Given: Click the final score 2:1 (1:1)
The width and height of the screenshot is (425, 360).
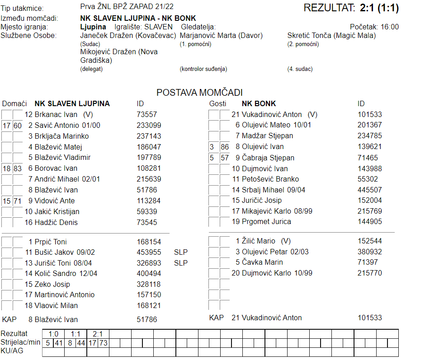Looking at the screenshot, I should pyautogui.click(x=379, y=8).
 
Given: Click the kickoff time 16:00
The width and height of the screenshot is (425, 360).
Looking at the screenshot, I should pyautogui.click(x=390, y=27).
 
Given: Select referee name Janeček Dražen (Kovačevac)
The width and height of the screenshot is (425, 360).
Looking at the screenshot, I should pyautogui.click(x=128, y=35).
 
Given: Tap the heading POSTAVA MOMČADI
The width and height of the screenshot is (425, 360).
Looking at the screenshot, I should pyautogui.click(x=199, y=93).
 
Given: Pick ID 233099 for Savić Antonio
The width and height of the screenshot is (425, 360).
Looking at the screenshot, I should pyautogui.click(x=149, y=125).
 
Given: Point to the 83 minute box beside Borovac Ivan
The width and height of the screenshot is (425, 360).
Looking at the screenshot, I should pyautogui.click(x=18, y=168).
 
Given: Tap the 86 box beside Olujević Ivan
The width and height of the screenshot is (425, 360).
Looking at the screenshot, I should pyautogui.click(x=225, y=147).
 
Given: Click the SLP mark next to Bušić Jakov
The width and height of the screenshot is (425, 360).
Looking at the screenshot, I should pyautogui.click(x=180, y=252).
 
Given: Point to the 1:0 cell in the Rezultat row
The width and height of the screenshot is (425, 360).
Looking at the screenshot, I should pyautogui.click(x=53, y=334).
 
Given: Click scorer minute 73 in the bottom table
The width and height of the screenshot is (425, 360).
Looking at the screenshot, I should pyautogui.click(x=104, y=343).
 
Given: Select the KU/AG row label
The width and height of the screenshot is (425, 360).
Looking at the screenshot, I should pyautogui.click(x=13, y=351).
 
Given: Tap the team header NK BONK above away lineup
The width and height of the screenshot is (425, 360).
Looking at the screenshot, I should pyautogui.click(x=259, y=104).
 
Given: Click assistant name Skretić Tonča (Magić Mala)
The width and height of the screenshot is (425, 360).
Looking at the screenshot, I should pyautogui.click(x=331, y=35).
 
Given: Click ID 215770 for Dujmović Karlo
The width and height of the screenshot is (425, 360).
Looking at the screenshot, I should pyautogui.click(x=369, y=273).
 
